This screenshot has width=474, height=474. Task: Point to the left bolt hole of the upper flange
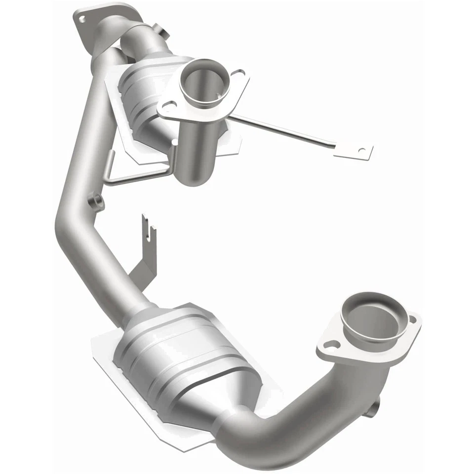[x=169, y=105]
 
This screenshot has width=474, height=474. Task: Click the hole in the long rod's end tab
[x=362, y=150]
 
